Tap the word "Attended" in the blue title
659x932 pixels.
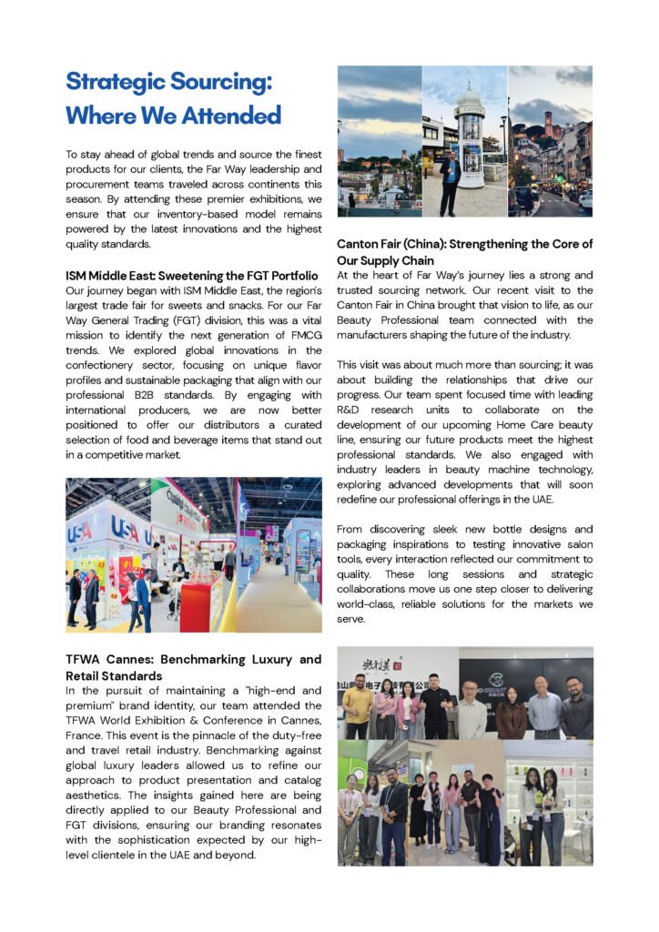(x=225, y=116)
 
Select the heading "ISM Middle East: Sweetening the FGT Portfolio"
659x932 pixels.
(x=192, y=275)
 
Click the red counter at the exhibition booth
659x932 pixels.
(x=201, y=604)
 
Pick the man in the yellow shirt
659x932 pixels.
(x=358, y=708)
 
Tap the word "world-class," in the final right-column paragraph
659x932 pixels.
(x=370, y=604)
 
